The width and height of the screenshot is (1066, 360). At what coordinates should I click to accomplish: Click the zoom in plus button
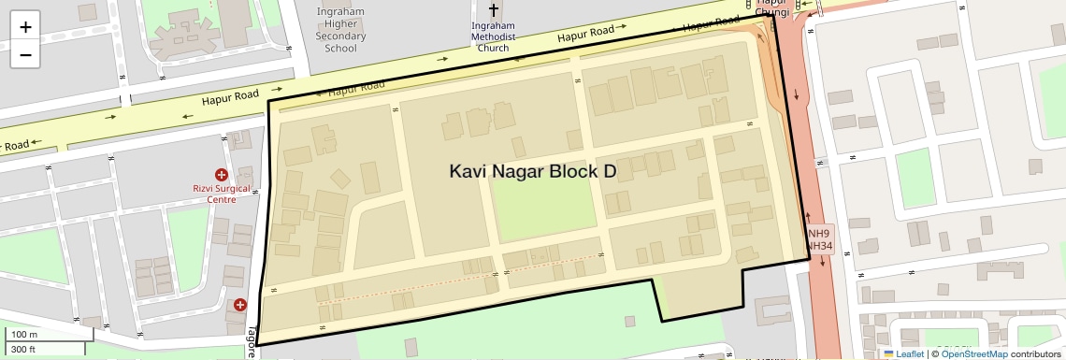pyautogui.click(x=25, y=26)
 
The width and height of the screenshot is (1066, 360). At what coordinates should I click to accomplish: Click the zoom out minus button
pyautogui.click(x=25, y=54)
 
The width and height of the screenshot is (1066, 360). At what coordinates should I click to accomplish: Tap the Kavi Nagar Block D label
pyautogui.click(x=533, y=171)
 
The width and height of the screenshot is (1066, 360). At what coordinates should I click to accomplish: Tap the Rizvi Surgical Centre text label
pyautogui.click(x=221, y=194)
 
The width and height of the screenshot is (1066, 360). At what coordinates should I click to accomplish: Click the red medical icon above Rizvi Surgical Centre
pyautogui.click(x=222, y=174)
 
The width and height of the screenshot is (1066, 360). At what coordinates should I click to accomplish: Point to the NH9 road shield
pyautogui.click(x=819, y=233)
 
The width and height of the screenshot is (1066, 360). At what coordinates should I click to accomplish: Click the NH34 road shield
pyautogui.click(x=819, y=246)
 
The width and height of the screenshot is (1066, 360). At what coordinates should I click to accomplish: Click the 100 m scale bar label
pyautogui.click(x=24, y=335)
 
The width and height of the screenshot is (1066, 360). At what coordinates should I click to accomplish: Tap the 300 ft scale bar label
pyautogui.click(x=23, y=350)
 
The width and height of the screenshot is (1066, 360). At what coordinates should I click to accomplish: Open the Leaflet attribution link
pyautogui.click(x=904, y=353)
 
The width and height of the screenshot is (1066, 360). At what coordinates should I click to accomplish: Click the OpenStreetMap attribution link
pyautogui.click(x=973, y=353)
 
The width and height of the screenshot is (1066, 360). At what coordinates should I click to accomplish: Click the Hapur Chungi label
pyautogui.click(x=766, y=8)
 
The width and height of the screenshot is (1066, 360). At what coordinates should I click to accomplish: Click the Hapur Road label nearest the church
pyautogui.click(x=585, y=35)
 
